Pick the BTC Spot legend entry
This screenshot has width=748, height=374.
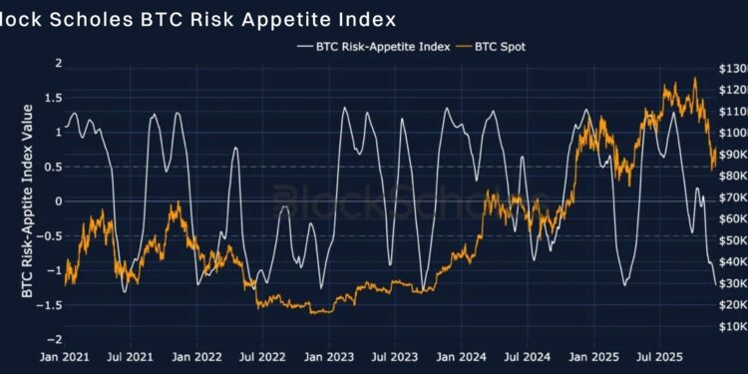pos(504,46)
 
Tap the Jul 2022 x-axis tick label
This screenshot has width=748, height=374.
pos(266,355)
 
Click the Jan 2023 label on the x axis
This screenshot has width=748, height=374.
pos(328,355)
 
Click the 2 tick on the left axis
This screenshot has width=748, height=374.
pos(58,63)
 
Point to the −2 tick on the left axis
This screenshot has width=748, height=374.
pos(55,339)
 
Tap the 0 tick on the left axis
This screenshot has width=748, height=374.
pos(58,201)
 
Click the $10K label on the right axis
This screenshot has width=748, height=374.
pos(727,326)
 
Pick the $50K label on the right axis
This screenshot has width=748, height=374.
pos(727,240)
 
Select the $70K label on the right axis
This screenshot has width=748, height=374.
pos(727,197)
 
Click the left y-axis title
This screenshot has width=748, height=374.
pos(27,201)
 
